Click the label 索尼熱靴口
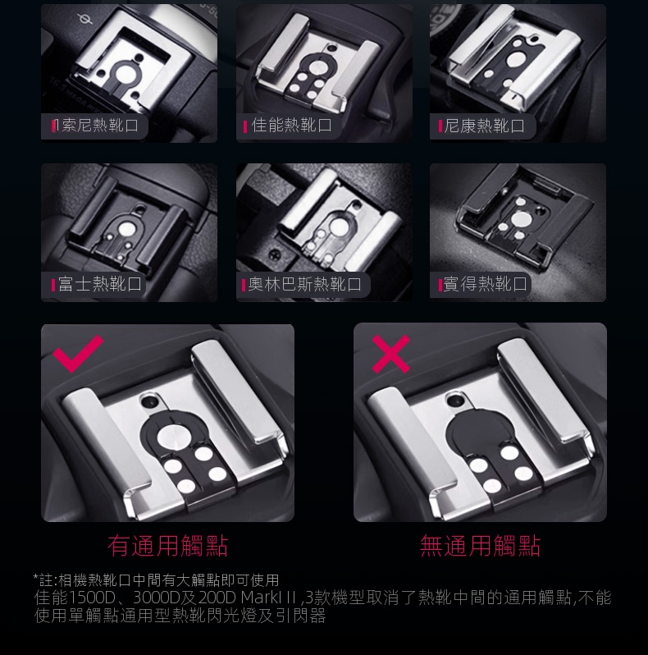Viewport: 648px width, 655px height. tap(100, 126)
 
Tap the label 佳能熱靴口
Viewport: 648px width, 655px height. tap(292, 126)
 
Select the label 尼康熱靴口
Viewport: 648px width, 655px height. tap(484, 126)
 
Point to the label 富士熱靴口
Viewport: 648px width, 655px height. tap(100, 284)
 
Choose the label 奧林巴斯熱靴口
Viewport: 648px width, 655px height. tap(305, 284)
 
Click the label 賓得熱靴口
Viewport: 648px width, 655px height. tap(485, 284)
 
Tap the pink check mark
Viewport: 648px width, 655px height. tap(78, 353)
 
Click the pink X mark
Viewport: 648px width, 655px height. tap(390, 354)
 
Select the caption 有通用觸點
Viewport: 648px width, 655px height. tap(168, 546)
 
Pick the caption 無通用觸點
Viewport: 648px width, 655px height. tap(480, 546)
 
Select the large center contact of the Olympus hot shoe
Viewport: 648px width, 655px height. tap(338, 227)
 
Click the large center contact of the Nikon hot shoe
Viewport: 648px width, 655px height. tap(514, 60)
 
